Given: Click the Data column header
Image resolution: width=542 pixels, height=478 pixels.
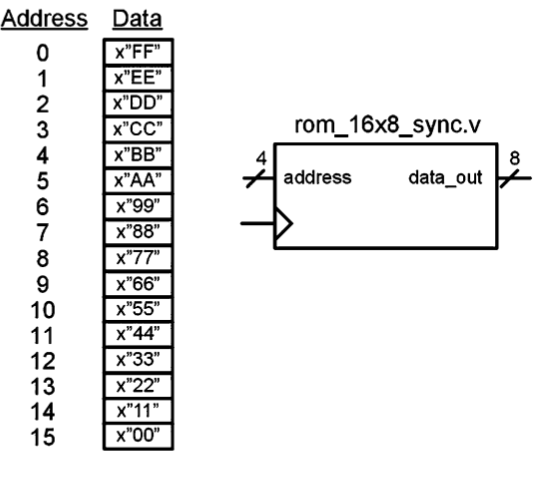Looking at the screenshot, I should (x=135, y=20).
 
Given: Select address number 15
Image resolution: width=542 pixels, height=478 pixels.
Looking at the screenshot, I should (x=40, y=436).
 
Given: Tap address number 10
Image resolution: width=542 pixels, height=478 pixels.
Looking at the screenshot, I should (x=40, y=309).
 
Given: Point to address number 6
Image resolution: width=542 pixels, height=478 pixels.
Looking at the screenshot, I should (x=40, y=207).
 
